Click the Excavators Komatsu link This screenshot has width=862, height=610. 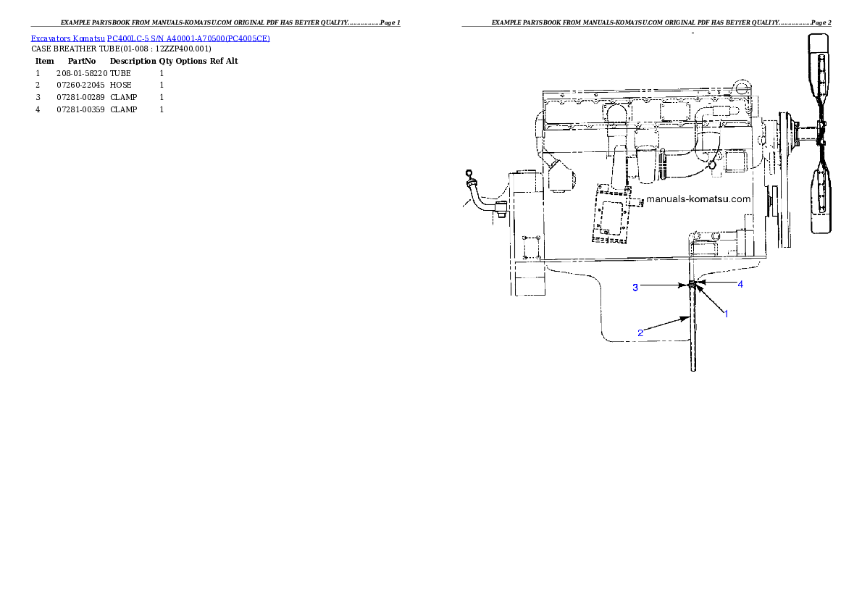(67, 38)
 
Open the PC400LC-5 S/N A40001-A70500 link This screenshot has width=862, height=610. (188, 38)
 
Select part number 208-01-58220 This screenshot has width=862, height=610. (82, 73)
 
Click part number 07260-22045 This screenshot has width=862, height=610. (80, 85)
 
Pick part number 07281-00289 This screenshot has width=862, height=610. (80, 97)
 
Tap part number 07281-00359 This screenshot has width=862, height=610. (80, 109)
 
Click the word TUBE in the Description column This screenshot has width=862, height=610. (120, 73)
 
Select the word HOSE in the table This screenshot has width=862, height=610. (121, 85)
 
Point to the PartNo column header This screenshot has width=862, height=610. (82, 61)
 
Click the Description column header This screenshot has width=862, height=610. (133, 61)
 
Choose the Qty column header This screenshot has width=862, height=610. (166, 61)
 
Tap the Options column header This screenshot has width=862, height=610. (191, 61)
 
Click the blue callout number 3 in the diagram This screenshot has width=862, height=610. (635, 287)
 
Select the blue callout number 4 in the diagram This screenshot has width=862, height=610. (740, 285)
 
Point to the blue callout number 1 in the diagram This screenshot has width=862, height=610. (727, 314)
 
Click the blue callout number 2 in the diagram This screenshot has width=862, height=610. (640, 333)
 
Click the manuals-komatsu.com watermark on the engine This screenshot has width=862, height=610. (698, 199)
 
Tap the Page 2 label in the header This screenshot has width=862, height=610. (821, 22)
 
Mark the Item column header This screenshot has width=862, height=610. (44, 61)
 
